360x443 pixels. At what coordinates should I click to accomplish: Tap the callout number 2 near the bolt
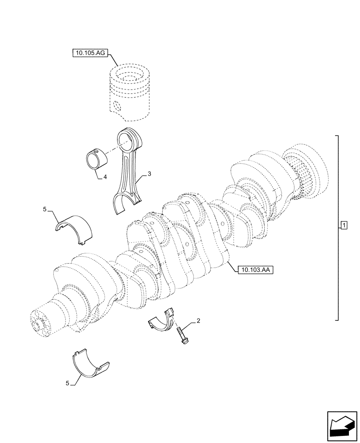[x=199, y=320]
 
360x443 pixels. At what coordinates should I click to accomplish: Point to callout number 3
[x=149, y=174]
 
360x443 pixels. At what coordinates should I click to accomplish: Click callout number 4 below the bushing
[x=105, y=177]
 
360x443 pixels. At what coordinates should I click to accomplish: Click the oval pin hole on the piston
[x=117, y=107]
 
